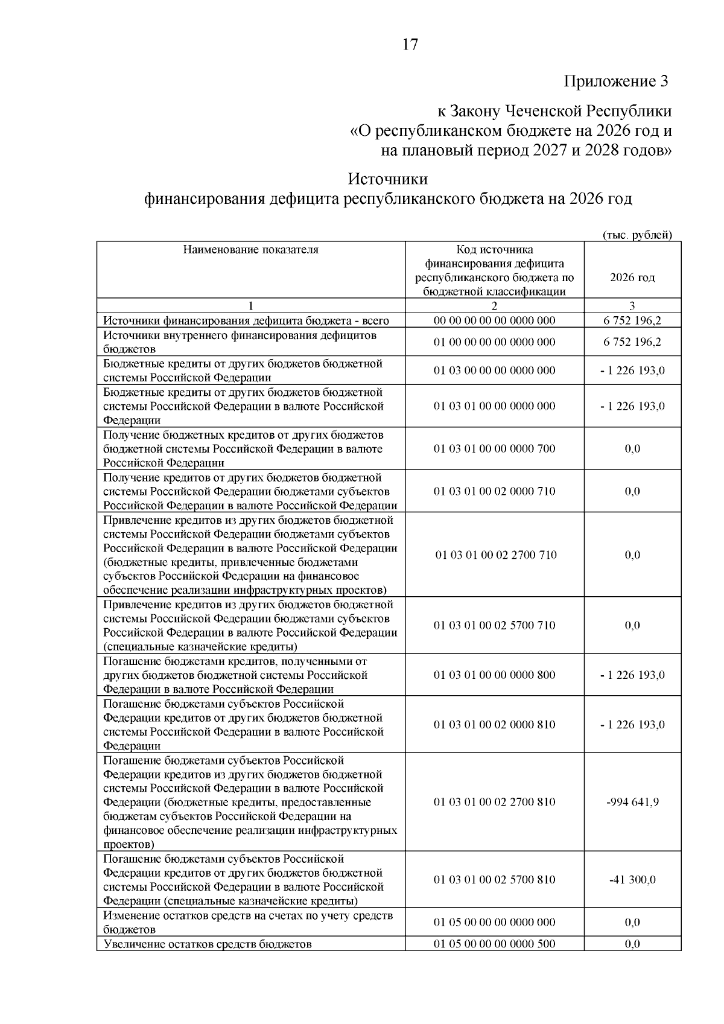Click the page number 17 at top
point(410,45)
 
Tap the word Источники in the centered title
point(388,179)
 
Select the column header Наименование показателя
point(251,250)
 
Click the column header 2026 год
point(632,278)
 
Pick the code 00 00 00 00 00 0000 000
point(494,320)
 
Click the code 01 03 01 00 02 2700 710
point(495,555)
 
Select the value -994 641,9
point(632,802)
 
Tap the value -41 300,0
point(632,880)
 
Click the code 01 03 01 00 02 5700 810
point(494,880)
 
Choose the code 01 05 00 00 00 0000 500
point(494,944)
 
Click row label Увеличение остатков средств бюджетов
point(208,944)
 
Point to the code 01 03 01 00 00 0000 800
point(494,675)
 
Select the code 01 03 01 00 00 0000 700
point(494,448)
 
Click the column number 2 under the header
point(494,306)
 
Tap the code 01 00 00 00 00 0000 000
point(494,342)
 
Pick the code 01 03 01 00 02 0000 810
point(494,724)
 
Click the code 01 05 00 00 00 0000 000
point(494,922)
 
